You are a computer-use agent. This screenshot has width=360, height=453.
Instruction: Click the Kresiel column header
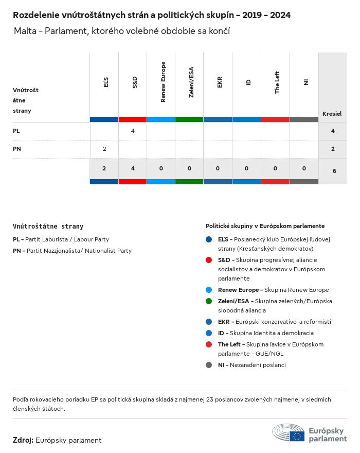(x=332, y=114)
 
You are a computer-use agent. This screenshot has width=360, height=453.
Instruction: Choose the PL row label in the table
(x=16, y=131)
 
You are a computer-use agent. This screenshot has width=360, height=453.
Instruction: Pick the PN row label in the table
(x=17, y=149)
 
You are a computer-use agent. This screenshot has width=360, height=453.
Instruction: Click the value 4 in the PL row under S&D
(x=133, y=131)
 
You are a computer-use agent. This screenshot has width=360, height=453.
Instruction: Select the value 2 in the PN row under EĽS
(x=104, y=149)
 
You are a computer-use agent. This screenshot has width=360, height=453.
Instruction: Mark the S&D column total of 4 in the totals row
(x=133, y=168)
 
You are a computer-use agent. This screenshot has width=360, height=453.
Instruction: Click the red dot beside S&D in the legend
(x=208, y=259)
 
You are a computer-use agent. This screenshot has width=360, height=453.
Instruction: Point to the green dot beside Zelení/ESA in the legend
(x=208, y=301)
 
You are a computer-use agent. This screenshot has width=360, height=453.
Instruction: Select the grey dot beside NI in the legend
(x=208, y=365)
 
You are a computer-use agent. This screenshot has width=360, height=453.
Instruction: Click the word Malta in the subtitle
(x=26, y=31)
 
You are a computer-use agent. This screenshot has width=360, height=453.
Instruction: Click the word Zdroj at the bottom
(x=23, y=440)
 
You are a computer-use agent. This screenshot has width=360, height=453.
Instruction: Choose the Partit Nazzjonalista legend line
(x=72, y=251)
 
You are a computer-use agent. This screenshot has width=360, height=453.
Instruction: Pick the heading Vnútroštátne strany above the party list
(x=48, y=226)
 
